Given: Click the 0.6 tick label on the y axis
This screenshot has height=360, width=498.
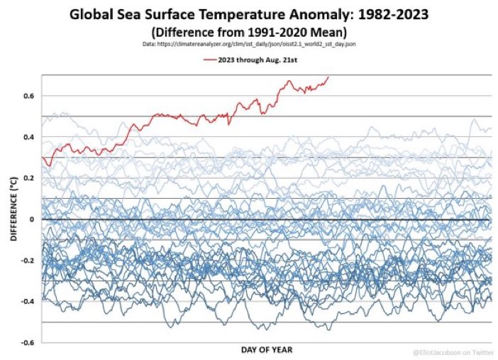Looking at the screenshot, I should point(29,96).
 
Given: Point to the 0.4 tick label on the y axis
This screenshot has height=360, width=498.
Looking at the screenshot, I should point(29,137).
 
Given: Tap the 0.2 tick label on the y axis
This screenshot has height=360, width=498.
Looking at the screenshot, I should point(29,178).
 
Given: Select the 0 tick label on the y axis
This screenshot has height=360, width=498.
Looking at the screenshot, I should point(32,219).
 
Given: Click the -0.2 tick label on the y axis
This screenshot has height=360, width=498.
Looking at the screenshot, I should point(28,261).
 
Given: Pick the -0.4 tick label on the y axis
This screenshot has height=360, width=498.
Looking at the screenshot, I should point(28,302).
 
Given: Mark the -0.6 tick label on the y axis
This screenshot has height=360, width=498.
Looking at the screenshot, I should point(28,343).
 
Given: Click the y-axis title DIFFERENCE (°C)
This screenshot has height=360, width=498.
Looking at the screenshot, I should point(13,207).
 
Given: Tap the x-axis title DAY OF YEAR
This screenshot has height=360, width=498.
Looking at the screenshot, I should point(265,349).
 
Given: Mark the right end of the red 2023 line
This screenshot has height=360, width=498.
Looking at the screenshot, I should point(328,77).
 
